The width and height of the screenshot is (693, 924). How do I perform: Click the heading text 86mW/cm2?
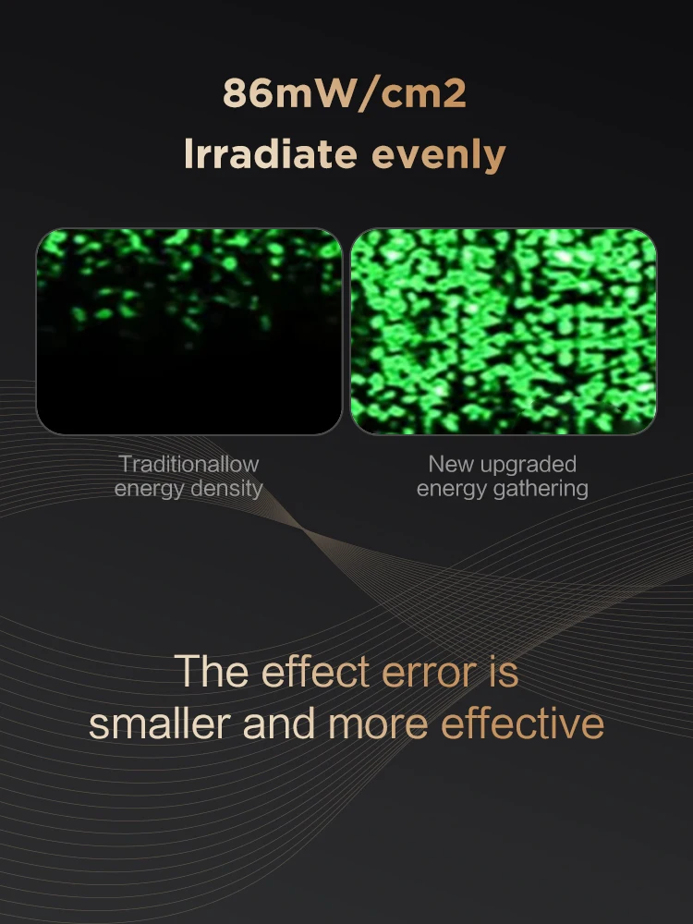coord(345,93)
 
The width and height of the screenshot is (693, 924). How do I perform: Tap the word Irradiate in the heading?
coord(271,153)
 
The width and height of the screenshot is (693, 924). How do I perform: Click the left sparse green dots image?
coord(189,331)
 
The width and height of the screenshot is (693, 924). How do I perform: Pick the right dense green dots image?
coord(504,331)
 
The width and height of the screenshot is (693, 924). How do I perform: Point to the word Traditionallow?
coord(189,464)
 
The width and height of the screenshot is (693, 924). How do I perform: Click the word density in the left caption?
coord(227,489)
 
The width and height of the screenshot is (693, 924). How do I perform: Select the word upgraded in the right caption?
coord(528,466)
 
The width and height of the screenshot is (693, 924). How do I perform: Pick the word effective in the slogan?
coord(523,723)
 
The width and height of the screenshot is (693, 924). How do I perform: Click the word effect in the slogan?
coord(315,671)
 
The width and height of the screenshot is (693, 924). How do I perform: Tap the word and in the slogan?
coord(279,723)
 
